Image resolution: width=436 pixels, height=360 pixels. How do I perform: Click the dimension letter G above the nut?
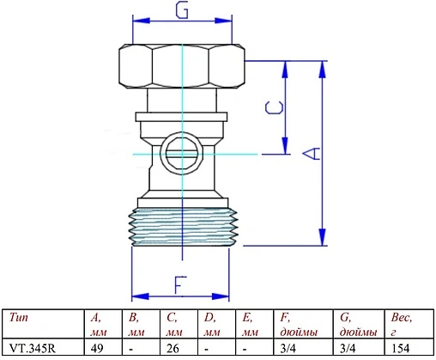(182, 11)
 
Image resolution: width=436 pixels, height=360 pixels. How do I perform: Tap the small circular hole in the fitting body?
(179, 156)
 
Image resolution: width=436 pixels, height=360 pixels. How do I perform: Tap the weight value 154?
(402, 349)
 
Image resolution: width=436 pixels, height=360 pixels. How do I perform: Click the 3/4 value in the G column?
(348, 349)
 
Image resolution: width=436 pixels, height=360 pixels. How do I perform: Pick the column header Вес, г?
(402, 323)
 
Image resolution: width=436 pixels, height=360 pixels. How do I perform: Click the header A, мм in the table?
(98, 324)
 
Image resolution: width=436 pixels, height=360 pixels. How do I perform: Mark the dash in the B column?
(130, 349)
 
